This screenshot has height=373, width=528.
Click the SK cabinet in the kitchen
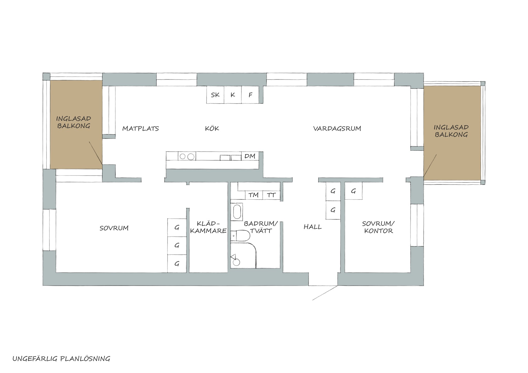(215, 95)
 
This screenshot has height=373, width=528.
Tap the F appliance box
(250, 95)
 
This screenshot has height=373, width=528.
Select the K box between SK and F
(233, 95)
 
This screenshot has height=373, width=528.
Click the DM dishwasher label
(250, 156)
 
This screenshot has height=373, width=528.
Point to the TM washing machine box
(254, 195)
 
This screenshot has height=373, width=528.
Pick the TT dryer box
(271, 195)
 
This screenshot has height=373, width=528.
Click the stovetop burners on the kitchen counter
(187, 156)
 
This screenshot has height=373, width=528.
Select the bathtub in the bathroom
(237, 212)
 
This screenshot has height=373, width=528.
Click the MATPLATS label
(141, 129)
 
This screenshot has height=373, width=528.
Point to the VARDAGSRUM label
(337, 129)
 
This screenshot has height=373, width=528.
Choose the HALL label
(313, 227)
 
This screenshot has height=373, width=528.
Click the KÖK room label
(212, 128)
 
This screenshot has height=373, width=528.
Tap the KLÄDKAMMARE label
(208, 227)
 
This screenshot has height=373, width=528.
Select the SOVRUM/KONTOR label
(378, 227)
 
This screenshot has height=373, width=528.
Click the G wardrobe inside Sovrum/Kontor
(353, 191)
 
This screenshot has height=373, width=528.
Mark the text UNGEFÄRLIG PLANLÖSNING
(61, 359)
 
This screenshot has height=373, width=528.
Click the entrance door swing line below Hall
(325, 293)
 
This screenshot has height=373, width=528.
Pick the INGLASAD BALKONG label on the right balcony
(451, 131)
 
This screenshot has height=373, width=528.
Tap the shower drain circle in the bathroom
(236, 262)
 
